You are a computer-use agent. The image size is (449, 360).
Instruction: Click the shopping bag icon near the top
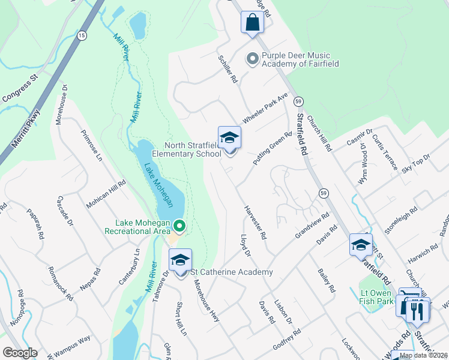pyautogui.click(x=253, y=23)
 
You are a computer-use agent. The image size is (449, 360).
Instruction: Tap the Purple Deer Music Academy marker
pyautogui.click(x=253, y=59)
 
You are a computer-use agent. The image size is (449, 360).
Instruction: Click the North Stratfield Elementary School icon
pyautogui.click(x=229, y=138)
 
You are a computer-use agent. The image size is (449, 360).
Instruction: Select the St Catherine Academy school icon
pyautogui.click(x=180, y=260)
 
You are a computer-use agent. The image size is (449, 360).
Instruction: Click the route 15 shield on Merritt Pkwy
pyautogui.click(x=82, y=36)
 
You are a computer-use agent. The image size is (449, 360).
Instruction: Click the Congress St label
pyautogui.click(x=20, y=88)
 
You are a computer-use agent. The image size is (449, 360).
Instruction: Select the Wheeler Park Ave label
pyautogui.click(x=265, y=107)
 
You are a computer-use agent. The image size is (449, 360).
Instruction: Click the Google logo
pyautogui.click(x=20, y=353)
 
